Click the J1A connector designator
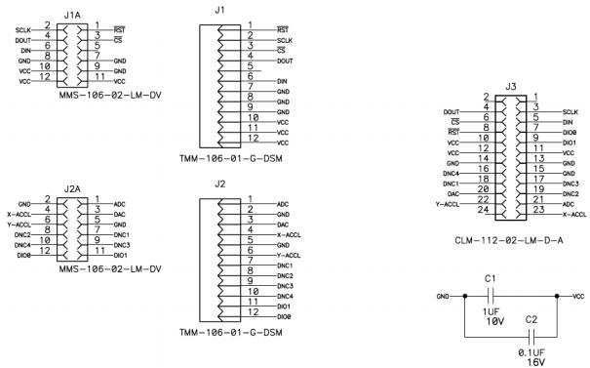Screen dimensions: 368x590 pos(70,16)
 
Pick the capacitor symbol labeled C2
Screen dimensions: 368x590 pos(531,335)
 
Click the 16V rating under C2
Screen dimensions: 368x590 pos(535,361)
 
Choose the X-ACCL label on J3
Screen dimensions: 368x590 pos(574,214)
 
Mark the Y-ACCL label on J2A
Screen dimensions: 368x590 pos(20,224)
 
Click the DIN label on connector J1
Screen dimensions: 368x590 pos(284,81)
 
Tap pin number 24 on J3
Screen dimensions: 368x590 pos(483,209)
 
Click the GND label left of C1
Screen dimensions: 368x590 pos(443,296)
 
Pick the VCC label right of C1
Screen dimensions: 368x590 pos(578,296)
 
